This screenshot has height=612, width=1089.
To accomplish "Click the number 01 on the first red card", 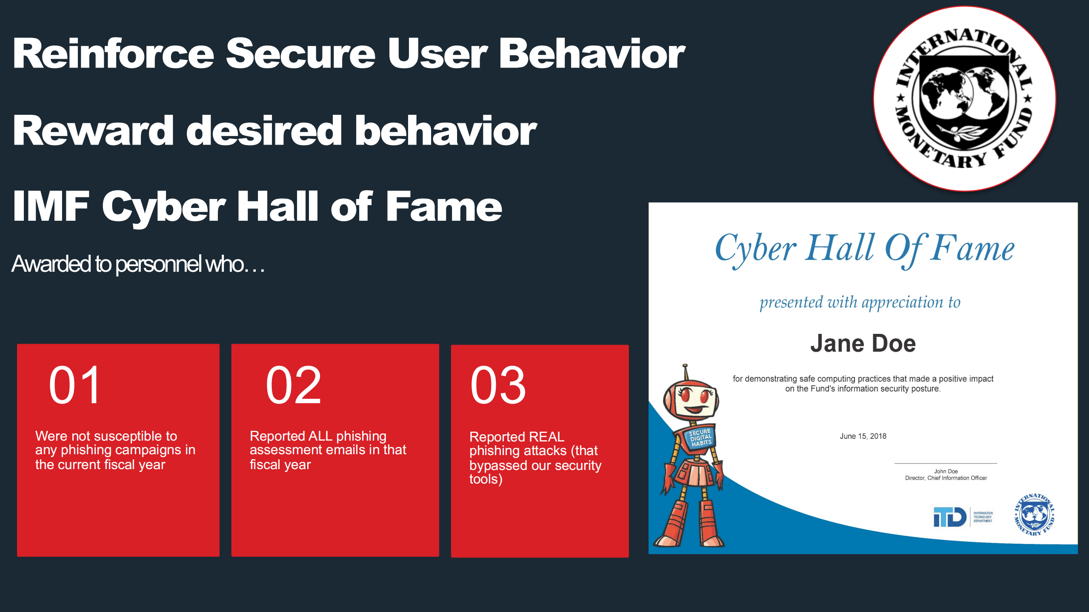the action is click(75, 385).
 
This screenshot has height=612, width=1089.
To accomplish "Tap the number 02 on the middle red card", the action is click(293, 385).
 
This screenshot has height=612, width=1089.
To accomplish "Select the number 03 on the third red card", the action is click(498, 385).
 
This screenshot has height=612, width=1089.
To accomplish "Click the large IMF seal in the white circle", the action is click(964, 99).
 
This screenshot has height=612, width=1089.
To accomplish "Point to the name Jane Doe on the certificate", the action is click(863, 343).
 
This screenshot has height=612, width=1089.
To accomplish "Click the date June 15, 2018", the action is click(863, 436).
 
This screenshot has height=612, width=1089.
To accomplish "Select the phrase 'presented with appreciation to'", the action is click(860, 302).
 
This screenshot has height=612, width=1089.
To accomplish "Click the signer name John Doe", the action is click(946, 471).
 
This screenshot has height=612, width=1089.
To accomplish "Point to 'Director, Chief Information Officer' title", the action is click(946, 478).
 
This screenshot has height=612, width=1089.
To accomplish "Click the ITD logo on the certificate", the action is click(963, 517).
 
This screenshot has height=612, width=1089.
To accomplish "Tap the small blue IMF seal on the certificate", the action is click(1034, 515).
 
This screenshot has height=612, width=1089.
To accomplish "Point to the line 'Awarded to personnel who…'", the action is click(138, 264).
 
